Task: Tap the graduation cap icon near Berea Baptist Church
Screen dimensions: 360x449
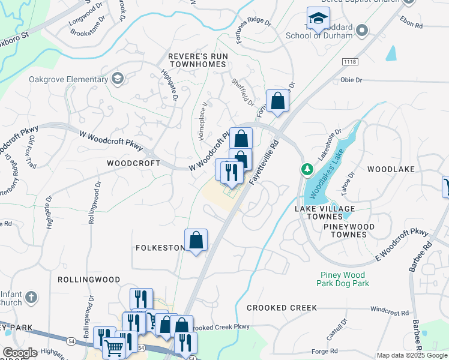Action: coord(318,19)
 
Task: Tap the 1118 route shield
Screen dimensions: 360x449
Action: coord(350,62)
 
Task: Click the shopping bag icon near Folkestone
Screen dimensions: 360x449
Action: coord(196,241)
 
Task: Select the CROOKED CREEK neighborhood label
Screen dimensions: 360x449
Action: coord(282,308)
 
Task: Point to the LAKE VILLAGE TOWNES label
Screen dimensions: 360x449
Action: coord(325,212)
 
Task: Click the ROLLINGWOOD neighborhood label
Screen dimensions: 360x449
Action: coord(89,280)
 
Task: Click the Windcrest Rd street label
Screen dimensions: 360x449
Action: coord(389,312)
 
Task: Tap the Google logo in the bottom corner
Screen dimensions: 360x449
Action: coord(20,353)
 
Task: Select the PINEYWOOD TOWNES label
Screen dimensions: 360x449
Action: coord(349,230)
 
